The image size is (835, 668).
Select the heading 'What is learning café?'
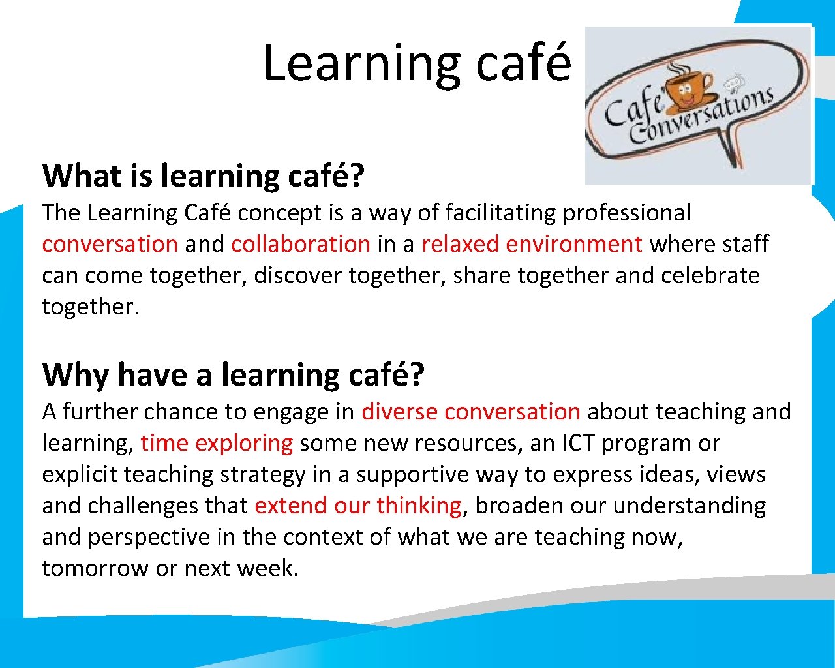pyautogui.click(x=203, y=176)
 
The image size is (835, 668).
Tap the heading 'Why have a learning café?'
pyautogui.click(x=233, y=375)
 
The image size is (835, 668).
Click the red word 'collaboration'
pyautogui.click(x=301, y=244)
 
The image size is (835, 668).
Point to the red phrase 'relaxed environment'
pyautogui.click(x=532, y=244)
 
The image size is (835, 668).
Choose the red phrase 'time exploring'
pyautogui.click(x=217, y=443)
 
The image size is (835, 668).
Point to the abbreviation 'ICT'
pyautogui.click(x=578, y=443)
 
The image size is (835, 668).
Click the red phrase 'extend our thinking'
pyautogui.click(x=358, y=506)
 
